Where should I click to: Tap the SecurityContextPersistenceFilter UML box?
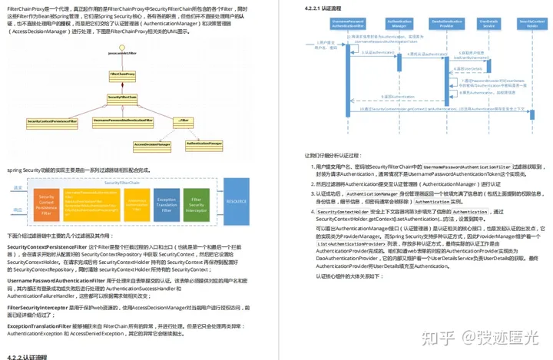[52, 121]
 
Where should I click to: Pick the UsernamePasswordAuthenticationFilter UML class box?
[125, 121]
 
